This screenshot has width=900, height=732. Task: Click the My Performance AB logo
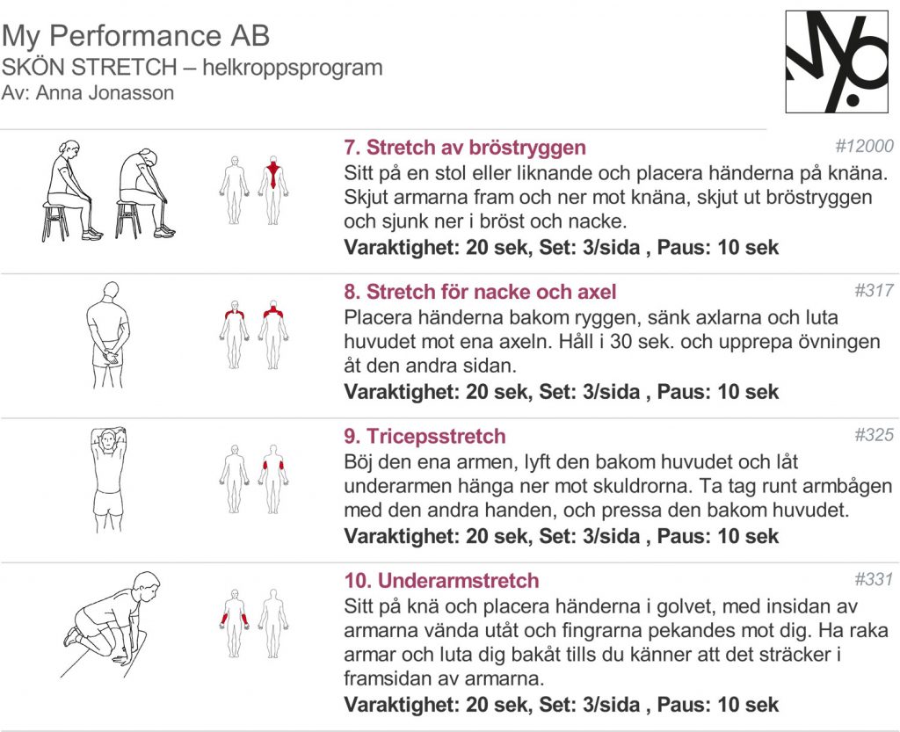[837, 62]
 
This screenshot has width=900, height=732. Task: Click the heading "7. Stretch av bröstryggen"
[464, 147]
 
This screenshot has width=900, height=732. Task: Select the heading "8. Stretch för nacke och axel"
[480, 291]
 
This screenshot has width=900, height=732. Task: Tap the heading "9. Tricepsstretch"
[425, 436]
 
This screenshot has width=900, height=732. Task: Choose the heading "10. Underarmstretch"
[441, 581]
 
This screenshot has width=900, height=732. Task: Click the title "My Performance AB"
[135, 36]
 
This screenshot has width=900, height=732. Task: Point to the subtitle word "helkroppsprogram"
[293, 68]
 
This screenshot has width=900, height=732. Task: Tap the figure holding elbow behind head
[109, 478]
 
